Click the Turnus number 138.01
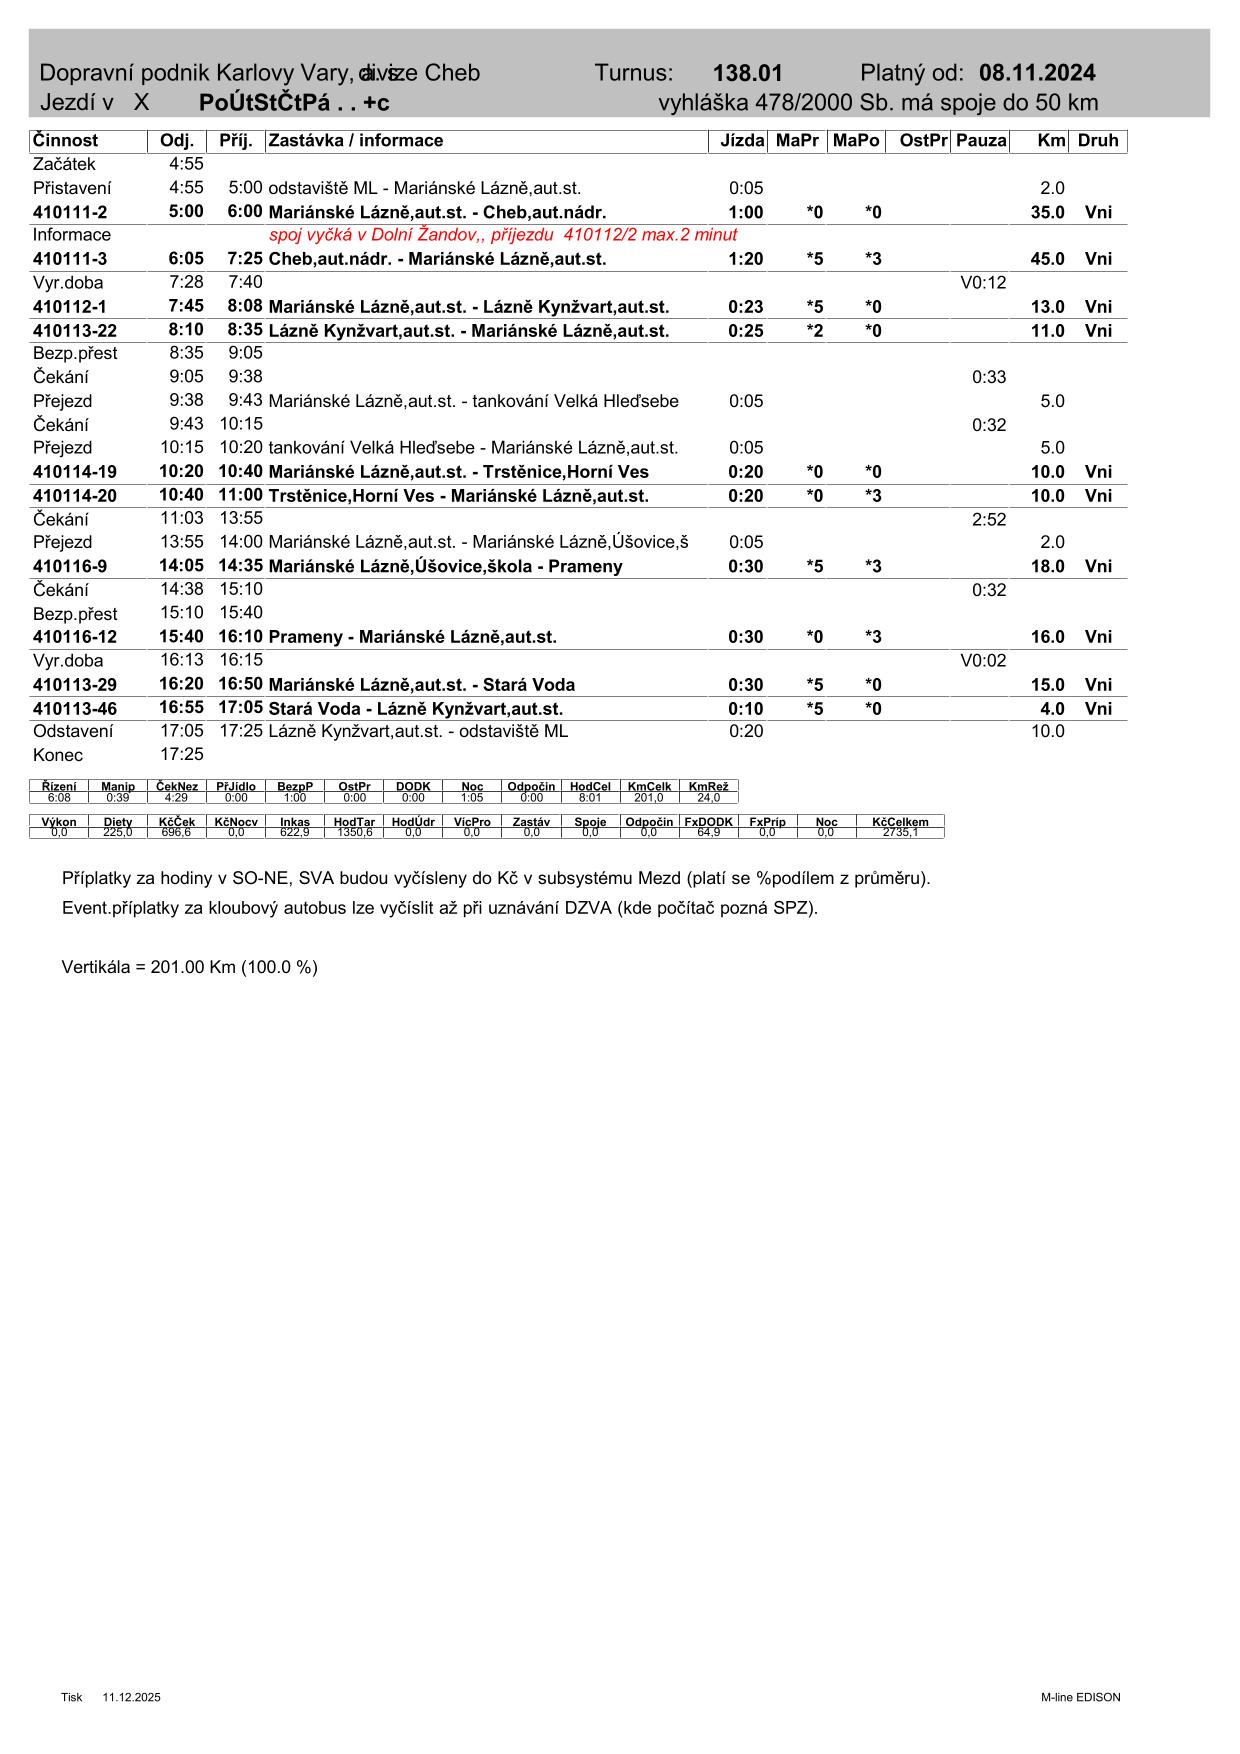(747, 73)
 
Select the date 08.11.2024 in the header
(1037, 73)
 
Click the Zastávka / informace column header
(355, 141)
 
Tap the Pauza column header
(980, 141)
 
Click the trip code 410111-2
(70, 212)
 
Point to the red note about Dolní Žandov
(503, 235)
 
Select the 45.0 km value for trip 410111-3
(1047, 259)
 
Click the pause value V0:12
(983, 283)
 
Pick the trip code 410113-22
(75, 331)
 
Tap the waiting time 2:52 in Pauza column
(988, 519)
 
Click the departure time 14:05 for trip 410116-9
(181, 566)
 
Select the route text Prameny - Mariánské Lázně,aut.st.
(412, 637)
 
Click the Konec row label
(58, 755)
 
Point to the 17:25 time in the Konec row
(181, 755)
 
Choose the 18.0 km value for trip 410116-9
(1047, 566)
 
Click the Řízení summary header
(59, 787)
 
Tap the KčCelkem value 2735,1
(900, 832)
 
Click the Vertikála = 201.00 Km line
(189, 967)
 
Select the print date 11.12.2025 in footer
(131, 1697)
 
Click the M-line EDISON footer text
(1080, 1697)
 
